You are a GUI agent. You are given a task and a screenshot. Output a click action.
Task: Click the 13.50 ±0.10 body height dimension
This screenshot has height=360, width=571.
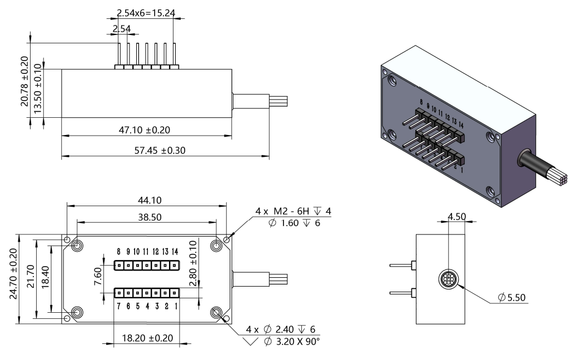pyautogui.click(x=37, y=92)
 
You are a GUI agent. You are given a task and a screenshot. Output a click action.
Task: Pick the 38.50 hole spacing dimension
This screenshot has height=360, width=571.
pyautogui.click(x=146, y=217)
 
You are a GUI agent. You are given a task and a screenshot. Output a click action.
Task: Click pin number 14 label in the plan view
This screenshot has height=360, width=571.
pyautogui.click(x=175, y=252)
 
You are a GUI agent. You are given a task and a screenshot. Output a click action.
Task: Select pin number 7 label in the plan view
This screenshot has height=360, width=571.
pyautogui.click(x=118, y=306)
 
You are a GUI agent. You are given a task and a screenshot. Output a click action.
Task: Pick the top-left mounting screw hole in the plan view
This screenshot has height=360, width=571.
pyautogui.click(x=77, y=246)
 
